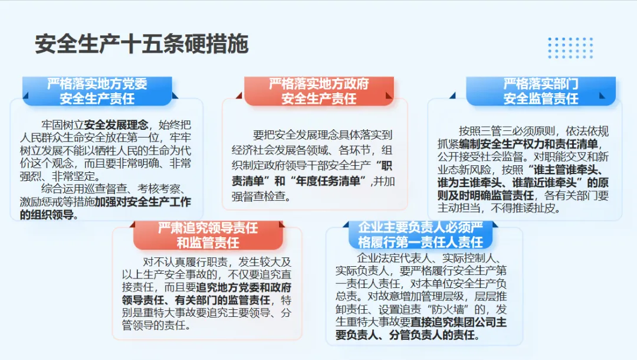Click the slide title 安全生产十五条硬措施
(x=142, y=44)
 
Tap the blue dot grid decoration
(x=570, y=48)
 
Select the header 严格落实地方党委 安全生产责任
(x=97, y=91)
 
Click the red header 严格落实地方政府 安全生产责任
(x=319, y=91)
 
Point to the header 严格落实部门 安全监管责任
(x=541, y=91)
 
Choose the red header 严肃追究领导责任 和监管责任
(x=208, y=235)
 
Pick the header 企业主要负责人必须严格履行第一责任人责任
(x=421, y=235)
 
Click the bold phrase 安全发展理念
(x=116, y=125)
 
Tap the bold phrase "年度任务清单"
(x=327, y=181)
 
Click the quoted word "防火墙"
(x=447, y=309)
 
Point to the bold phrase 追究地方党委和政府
(x=244, y=287)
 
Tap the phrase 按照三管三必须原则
(x=507, y=131)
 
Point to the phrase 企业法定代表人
(x=394, y=258)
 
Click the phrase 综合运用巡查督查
(x=84, y=188)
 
